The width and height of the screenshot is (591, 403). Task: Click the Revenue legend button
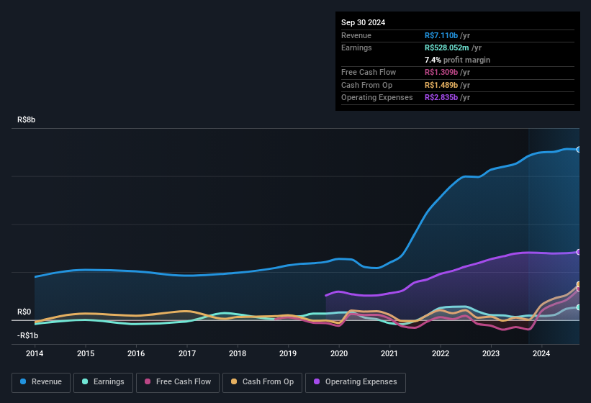click(x=42, y=381)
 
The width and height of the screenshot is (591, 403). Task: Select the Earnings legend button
click(x=104, y=381)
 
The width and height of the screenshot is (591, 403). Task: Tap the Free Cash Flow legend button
click(x=178, y=381)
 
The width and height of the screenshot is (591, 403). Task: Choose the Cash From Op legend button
click(x=263, y=381)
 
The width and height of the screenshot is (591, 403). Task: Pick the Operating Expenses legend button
click(x=356, y=381)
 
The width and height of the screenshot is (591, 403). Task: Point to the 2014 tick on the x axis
click(x=35, y=353)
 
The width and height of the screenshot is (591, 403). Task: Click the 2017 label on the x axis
click(x=187, y=353)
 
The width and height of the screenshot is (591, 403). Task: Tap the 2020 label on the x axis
click(x=339, y=353)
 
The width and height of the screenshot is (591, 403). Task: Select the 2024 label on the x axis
click(x=541, y=353)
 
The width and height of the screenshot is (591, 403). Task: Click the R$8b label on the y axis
click(x=26, y=120)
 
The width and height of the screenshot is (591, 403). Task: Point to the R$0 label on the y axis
click(x=24, y=312)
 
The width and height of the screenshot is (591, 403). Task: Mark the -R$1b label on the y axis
click(x=28, y=335)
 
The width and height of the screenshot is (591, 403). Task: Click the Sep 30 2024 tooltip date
click(x=363, y=22)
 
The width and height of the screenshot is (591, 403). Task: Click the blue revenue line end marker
click(x=579, y=150)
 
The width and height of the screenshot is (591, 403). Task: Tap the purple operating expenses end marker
click(x=579, y=252)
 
